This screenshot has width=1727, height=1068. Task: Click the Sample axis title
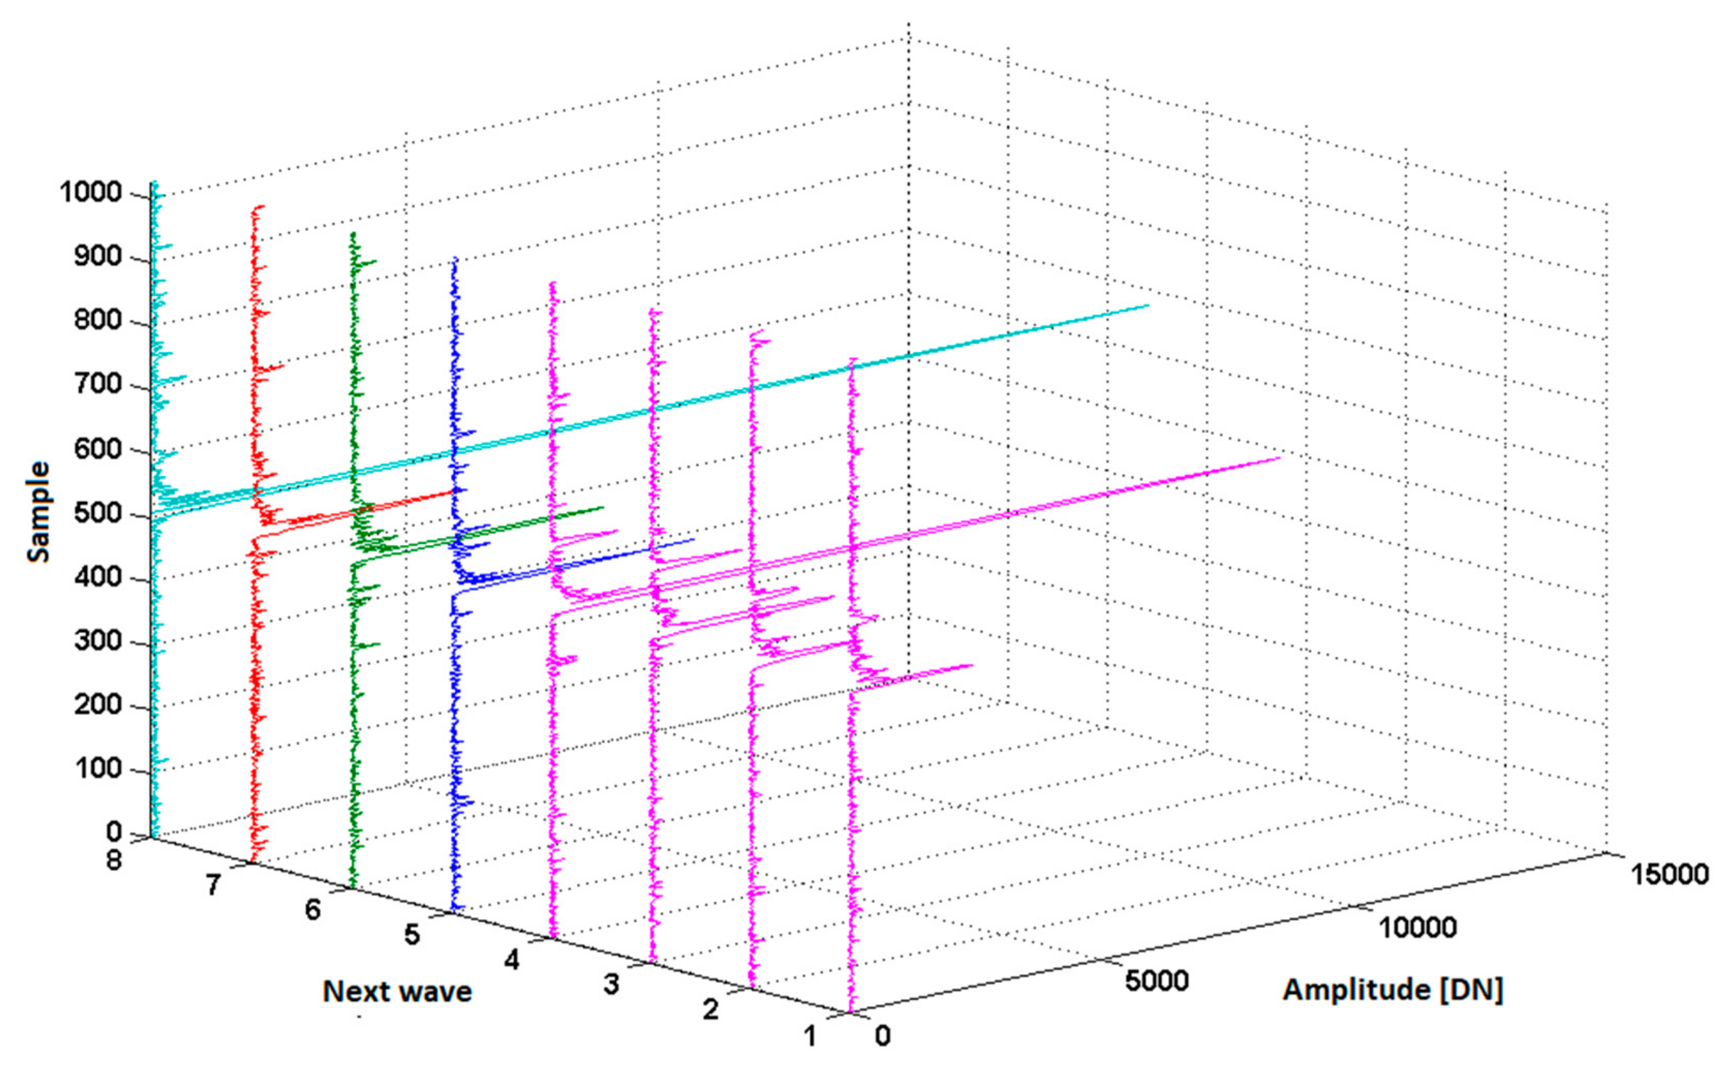39,512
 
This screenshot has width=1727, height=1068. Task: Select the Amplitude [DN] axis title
1392,989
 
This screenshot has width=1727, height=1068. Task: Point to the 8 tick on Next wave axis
114,860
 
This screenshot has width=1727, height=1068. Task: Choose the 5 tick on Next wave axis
411,935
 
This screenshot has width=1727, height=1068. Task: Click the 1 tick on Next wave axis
809,1036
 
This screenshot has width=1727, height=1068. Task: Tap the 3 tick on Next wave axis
611,984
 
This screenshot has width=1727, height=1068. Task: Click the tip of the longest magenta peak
1279,458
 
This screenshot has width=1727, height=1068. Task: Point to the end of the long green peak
604,507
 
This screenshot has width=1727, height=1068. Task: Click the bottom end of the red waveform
253,863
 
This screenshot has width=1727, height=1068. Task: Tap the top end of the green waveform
353,233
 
